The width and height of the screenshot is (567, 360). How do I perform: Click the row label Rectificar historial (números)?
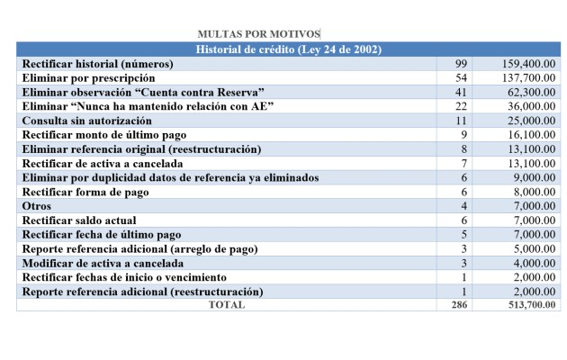110,64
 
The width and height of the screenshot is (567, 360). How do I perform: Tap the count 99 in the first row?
463,64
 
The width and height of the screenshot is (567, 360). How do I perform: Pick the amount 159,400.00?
528,64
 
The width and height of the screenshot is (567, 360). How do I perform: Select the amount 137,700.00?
528,78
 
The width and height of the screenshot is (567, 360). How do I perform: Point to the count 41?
463,93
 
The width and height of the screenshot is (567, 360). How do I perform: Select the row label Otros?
38,206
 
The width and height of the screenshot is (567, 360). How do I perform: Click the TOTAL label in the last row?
226,305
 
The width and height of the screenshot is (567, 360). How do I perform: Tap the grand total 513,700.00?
528,305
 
